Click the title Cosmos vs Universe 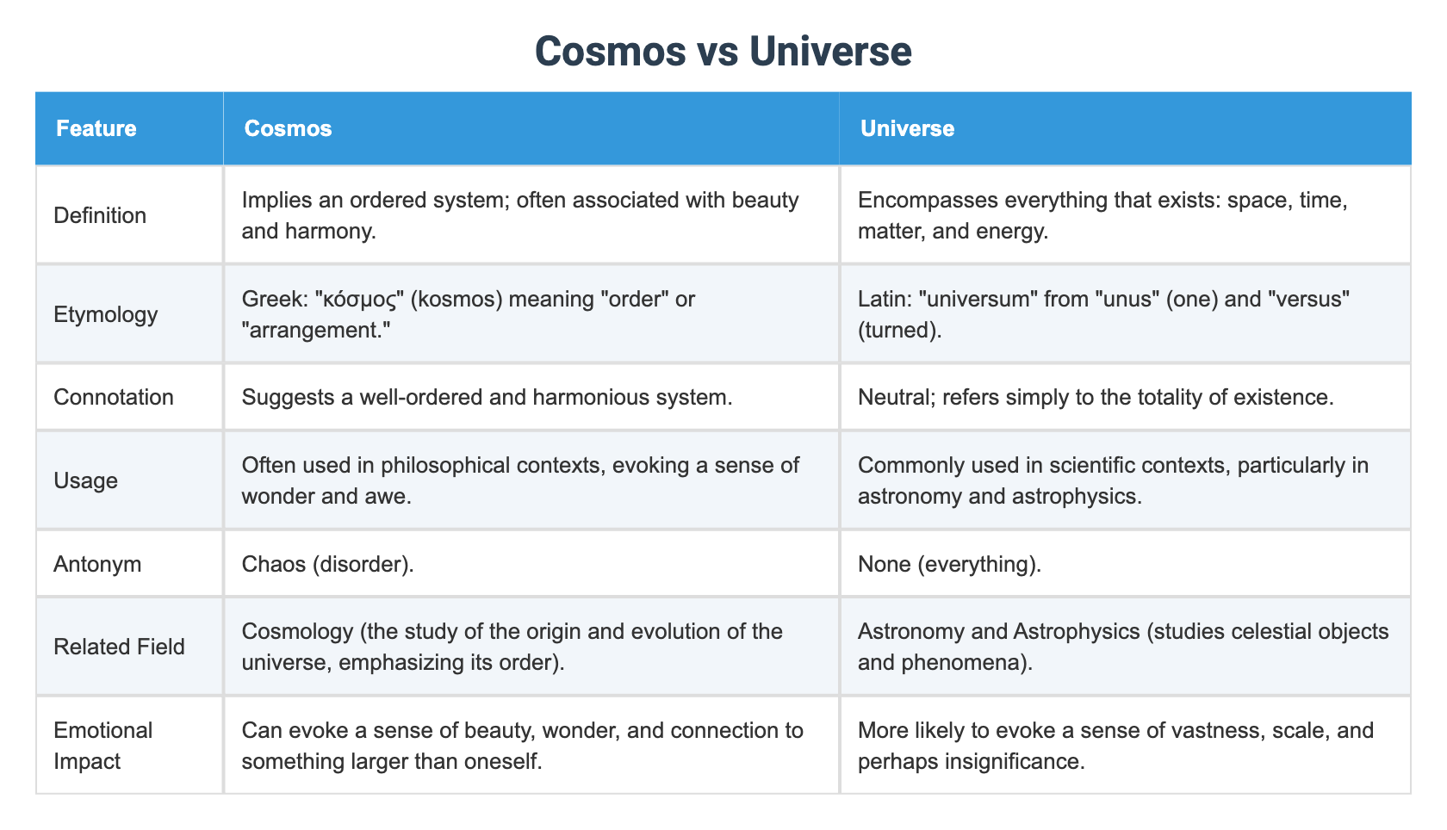[723, 51]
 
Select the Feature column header [96, 128]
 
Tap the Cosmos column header [288, 128]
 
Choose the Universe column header [907, 128]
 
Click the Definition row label [100, 215]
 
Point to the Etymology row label [105, 314]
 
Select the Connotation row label [114, 397]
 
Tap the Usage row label [85, 480]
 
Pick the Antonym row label [98, 564]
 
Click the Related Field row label [119, 647]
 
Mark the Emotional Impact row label [102, 746]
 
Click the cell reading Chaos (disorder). [327, 564]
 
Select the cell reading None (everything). [949, 564]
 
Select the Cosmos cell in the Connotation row [487, 397]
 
